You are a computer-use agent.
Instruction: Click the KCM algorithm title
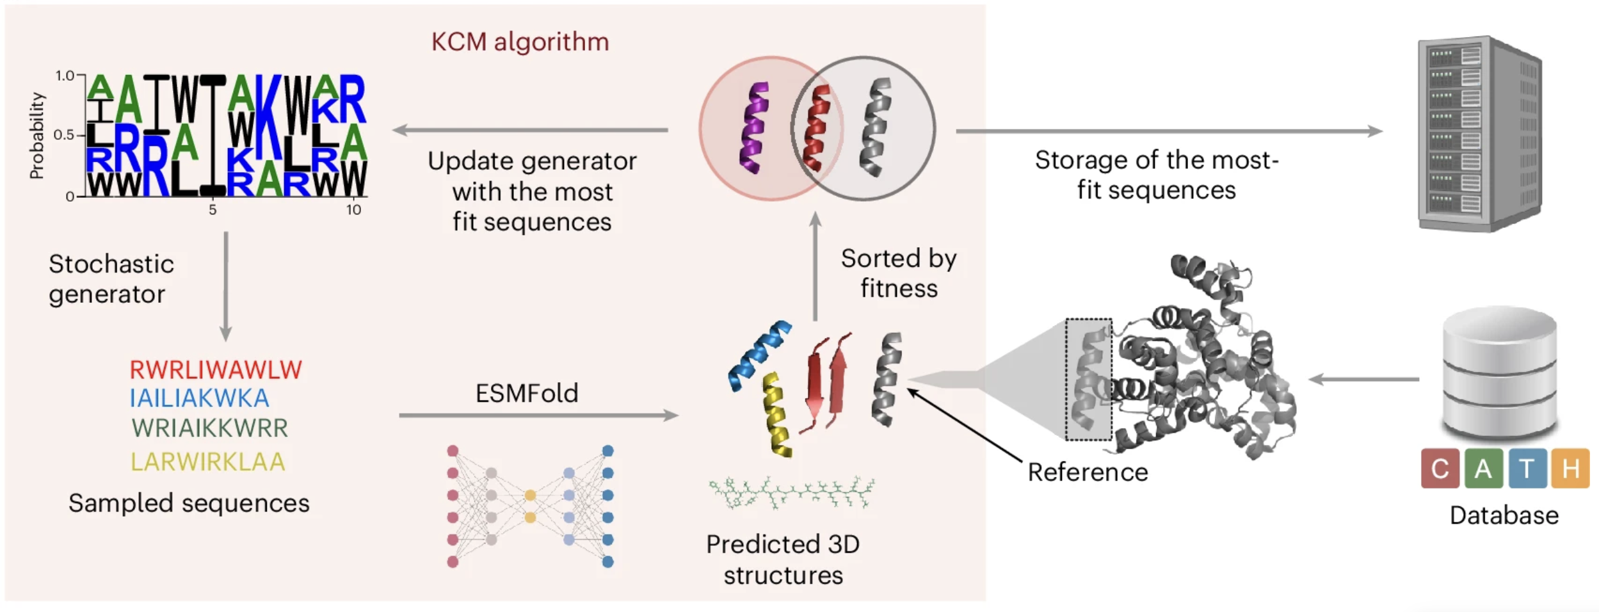coord(520,42)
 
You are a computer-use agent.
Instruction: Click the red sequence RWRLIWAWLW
coord(216,370)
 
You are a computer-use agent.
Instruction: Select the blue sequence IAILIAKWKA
coord(199,399)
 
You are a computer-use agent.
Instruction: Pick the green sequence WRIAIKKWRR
coord(210,428)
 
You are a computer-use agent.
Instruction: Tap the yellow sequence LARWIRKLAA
coord(207,462)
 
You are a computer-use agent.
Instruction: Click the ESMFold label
coord(526,393)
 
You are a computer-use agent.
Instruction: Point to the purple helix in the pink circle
coord(754,128)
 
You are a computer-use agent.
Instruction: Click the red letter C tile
coord(1440,469)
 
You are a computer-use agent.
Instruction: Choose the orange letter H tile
coord(1570,469)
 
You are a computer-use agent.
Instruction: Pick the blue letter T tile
coord(1527,469)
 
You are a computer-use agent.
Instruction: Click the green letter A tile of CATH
coord(1483,469)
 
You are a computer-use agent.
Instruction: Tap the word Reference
coord(1088,472)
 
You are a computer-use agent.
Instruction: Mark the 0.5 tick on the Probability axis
coord(64,135)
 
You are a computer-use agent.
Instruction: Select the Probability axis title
coord(37,135)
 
